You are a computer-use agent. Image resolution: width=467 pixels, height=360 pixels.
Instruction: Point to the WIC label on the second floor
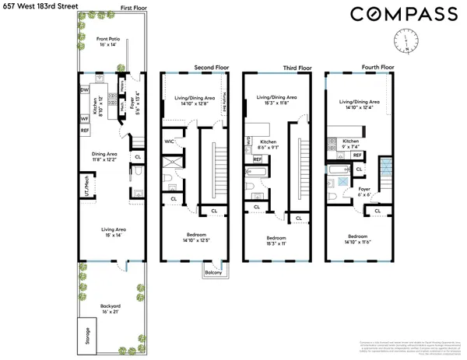pos(169,142)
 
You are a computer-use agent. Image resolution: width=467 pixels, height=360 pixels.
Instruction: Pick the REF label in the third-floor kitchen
pos(257,159)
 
